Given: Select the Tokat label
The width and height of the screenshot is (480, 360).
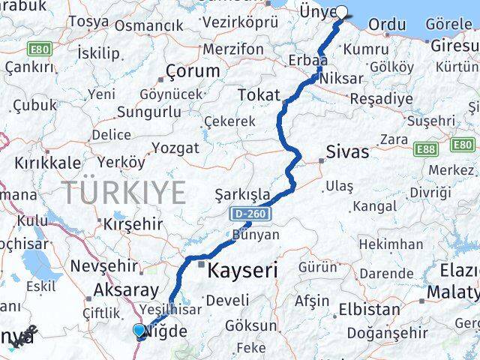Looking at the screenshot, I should coord(258,95).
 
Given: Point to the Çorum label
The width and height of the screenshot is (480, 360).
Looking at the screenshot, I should coord(193,72).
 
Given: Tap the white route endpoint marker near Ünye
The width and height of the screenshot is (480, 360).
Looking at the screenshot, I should coord(342,12).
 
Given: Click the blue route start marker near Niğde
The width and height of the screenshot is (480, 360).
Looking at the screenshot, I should coord(139,330).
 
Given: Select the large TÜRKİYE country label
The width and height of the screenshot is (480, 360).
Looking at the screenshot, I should coord(124,193).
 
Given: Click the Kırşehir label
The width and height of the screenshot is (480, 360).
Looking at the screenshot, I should coord(132,224).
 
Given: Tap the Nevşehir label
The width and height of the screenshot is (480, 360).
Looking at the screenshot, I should coord(103,265).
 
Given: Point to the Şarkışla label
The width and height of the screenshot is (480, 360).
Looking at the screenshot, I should coord(242,194).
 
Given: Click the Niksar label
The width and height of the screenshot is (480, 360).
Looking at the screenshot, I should coord(340,78).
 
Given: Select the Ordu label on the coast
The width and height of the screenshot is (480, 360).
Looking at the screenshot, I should coord(388,25).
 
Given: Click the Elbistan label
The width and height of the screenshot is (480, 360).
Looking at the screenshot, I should coord(374,308).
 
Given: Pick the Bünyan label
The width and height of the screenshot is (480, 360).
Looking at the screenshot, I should coord(256,235).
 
